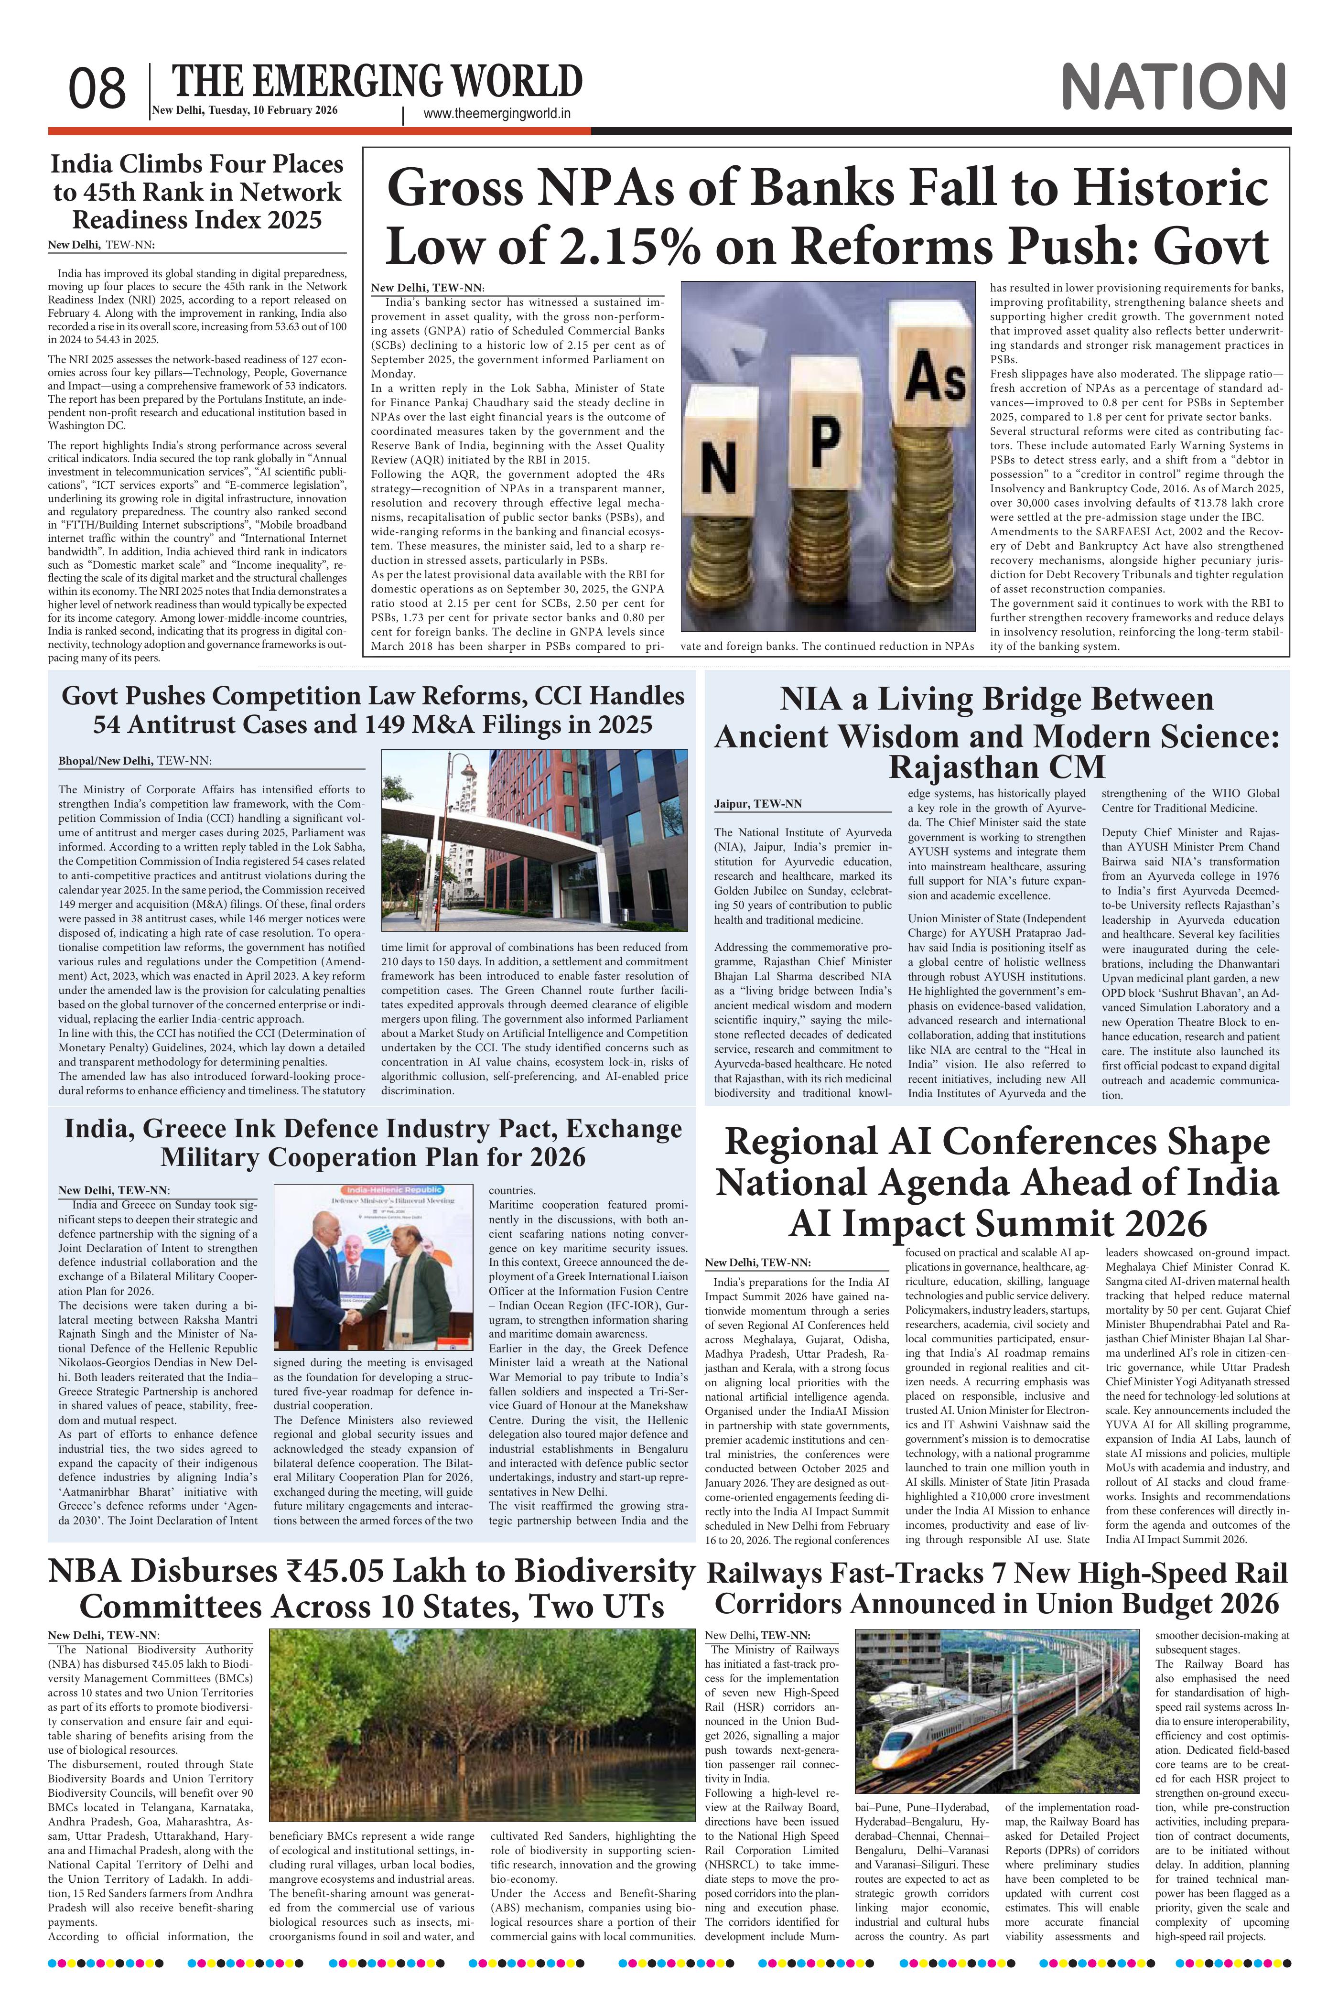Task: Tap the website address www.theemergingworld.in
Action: tap(496, 114)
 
